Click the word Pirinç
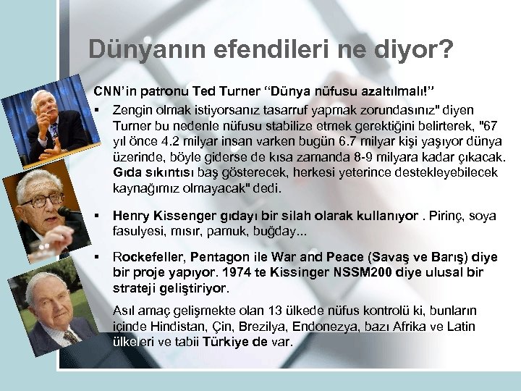coord(446,215)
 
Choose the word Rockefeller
coord(148,257)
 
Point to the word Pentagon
coord(217,257)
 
